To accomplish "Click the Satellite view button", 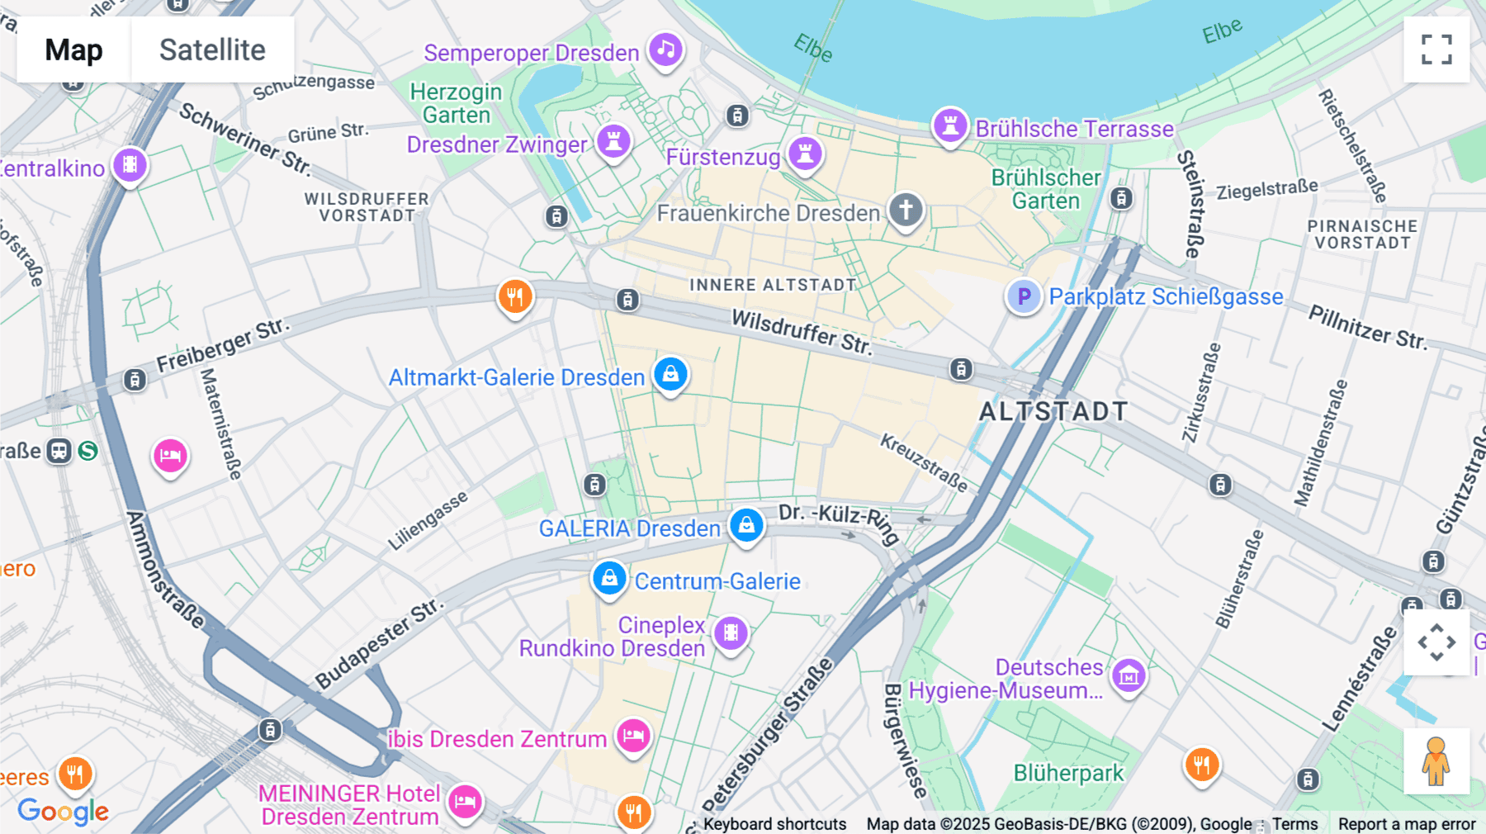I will [x=212, y=50].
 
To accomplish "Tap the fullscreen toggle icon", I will [x=1436, y=50].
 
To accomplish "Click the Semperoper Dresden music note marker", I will [x=665, y=50].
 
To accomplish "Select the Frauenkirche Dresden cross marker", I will [x=906, y=210].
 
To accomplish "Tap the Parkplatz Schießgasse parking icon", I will [x=1024, y=296].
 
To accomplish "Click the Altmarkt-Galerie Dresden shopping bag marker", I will [x=670, y=375].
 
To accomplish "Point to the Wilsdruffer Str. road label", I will [x=802, y=332].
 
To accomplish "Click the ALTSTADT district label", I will [x=1053, y=411].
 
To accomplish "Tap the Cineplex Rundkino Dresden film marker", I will [x=731, y=633].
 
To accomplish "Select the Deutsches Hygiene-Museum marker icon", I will [x=1129, y=676].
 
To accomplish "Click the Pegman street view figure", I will [x=1436, y=761].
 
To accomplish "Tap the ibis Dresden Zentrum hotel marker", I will [x=633, y=735].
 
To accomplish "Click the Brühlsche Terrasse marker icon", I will [x=950, y=126].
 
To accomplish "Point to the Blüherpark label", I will [x=1068, y=774].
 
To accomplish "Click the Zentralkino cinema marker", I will [x=130, y=165].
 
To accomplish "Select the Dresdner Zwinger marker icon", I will [x=613, y=141].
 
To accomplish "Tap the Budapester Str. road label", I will [x=379, y=644].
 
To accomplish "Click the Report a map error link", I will [x=1406, y=824].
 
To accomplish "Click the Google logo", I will [x=63, y=812].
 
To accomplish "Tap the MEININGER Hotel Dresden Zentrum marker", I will [x=465, y=801].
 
